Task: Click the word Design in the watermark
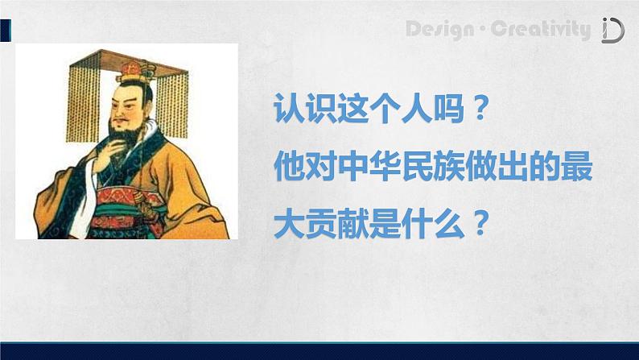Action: tap(440, 30)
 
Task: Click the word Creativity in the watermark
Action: tap(540, 29)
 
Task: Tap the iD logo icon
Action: tap(613, 30)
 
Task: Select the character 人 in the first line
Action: tap(417, 109)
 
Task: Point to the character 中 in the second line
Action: tap(354, 167)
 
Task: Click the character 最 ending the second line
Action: tap(577, 167)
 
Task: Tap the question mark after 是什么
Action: tap(480, 223)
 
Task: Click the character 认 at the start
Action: tap(289, 109)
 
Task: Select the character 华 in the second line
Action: tap(385, 167)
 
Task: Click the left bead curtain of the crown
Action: tap(84, 102)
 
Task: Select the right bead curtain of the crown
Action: tap(172, 106)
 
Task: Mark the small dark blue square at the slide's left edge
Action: tap(6, 30)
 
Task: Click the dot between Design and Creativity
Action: tap(483, 30)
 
